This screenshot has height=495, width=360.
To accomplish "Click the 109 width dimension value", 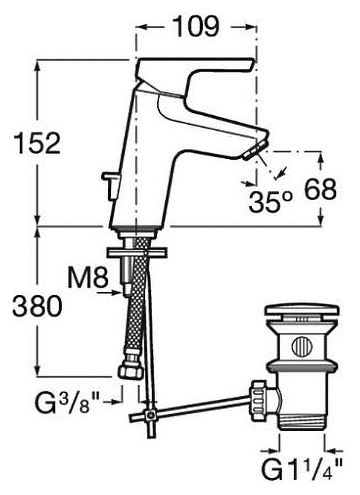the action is pos(196,27).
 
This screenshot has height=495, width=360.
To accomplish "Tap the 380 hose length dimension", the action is pos(37,306).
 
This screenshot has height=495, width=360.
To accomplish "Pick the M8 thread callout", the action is pos(88,277).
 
